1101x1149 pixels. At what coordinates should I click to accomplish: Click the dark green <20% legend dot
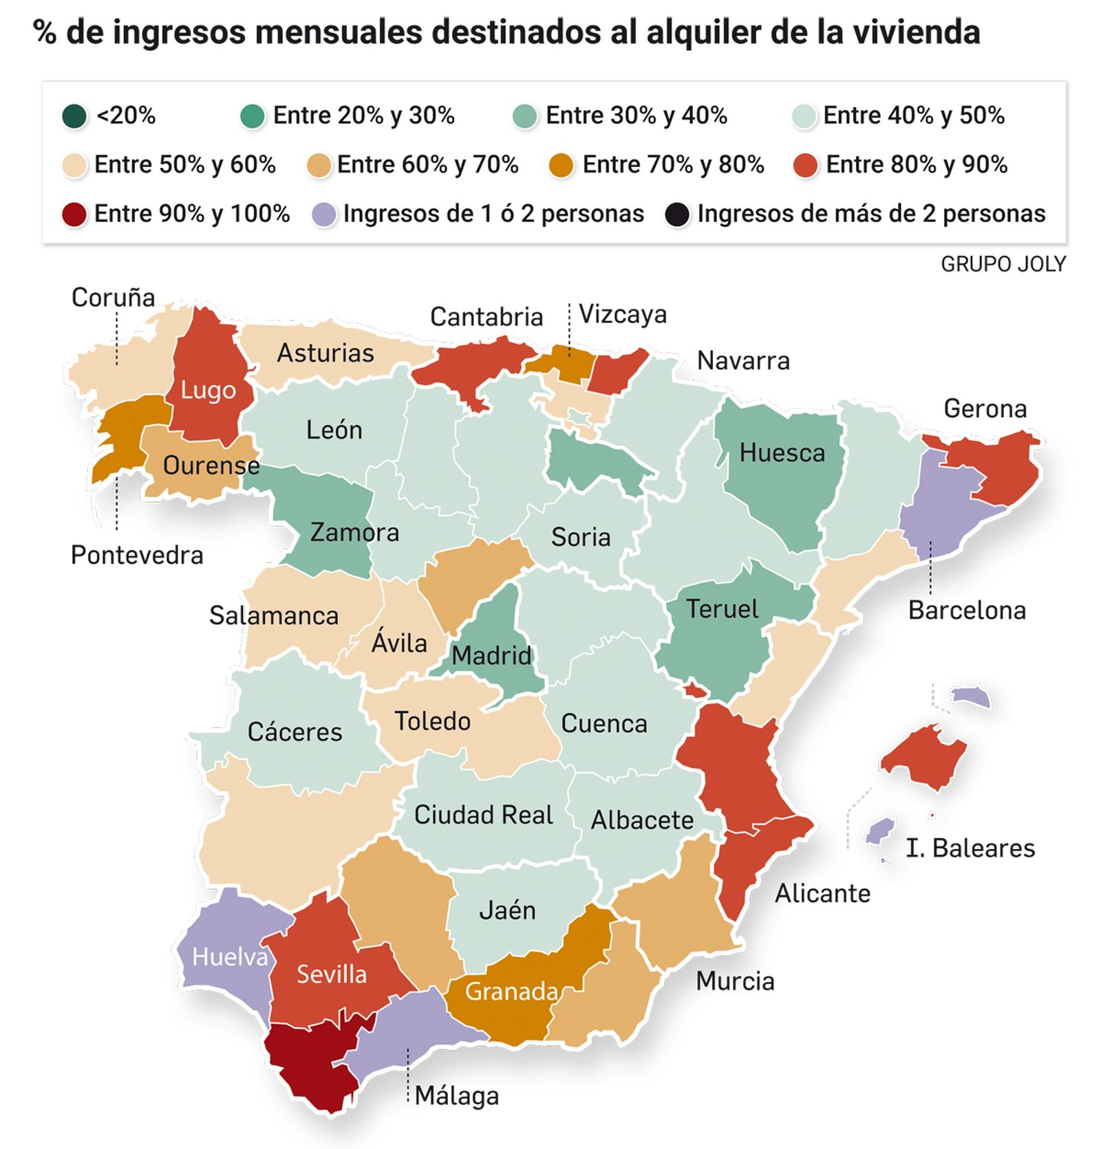pyautogui.click(x=74, y=116)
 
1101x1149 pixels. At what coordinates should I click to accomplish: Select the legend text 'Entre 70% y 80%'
pyautogui.click(x=672, y=165)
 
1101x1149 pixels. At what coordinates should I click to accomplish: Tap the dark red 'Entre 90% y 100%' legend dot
pyautogui.click(x=74, y=214)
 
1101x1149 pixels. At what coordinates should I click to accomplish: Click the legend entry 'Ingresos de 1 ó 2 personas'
pyautogui.click(x=493, y=214)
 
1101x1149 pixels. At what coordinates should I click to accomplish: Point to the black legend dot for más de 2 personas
pyautogui.click(x=677, y=214)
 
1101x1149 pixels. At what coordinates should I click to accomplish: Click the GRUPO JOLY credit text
pyautogui.click(x=1003, y=264)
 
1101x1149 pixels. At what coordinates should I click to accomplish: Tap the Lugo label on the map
pyautogui.click(x=208, y=391)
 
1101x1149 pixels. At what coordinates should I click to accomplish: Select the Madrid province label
pyautogui.click(x=491, y=655)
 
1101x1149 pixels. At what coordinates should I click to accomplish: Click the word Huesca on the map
pyautogui.click(x=782, y=453)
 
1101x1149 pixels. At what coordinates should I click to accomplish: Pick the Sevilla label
pyautogui.click(x=332, y=974)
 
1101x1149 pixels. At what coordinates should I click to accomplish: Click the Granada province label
pyautogui.click(x=511, y=992)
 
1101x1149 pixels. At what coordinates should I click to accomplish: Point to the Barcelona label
pyautogui.click(x=966, y=611)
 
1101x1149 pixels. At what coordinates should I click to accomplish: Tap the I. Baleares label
pyautogui.click(x=970, y=849)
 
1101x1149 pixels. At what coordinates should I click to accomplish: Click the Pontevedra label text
pyautogui.click(x=137, y=556)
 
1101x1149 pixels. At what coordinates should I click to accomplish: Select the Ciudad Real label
pyautogui.click(x=483, y=815)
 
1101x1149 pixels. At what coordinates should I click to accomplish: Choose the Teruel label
pyautogui.click(x=722, y=609)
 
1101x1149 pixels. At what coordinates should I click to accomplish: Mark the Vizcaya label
pyautogui.click(x=622, y=314)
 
